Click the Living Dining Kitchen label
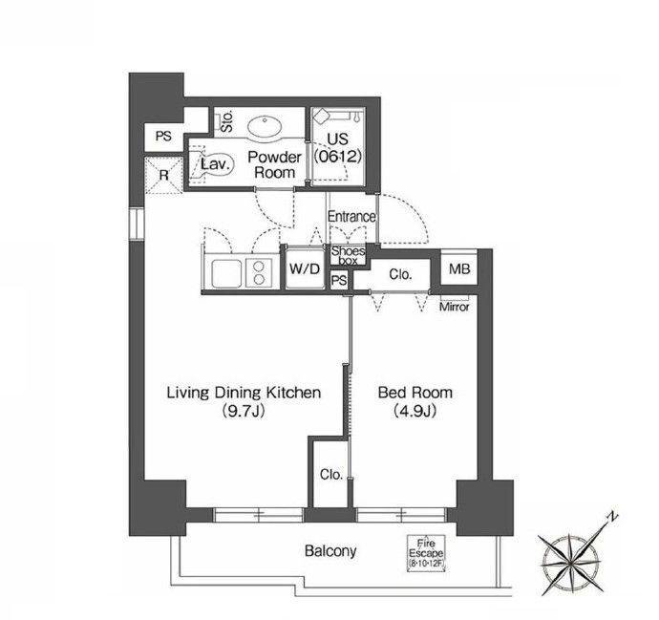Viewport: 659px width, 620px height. coord(244,393)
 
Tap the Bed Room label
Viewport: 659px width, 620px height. coord(415,393)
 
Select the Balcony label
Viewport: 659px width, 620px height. coord(330,550)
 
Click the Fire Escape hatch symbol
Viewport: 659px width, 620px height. coord(426,553)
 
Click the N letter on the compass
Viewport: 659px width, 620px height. coord(613,517)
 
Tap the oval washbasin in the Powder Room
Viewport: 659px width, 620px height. coord(264,127)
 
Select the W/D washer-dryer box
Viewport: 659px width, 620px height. coord(305,268)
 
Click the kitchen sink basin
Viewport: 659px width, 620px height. coord(226,273)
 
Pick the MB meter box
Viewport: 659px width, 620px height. coord(459,269)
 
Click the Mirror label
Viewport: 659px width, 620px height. coord(455,308)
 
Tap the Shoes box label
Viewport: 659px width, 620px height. coord(348,256)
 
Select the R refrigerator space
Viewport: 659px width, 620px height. coord(164,175)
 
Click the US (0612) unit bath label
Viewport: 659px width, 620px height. coord(337,147)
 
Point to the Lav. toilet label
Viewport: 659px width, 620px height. coord(216,164)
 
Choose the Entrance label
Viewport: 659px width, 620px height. coord(351,217)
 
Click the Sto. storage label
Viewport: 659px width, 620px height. coord(227,121)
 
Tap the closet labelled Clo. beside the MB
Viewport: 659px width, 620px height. coord(400,274)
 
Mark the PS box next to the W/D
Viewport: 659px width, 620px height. coord(339,280)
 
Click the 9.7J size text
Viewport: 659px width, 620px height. coord(244,411)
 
